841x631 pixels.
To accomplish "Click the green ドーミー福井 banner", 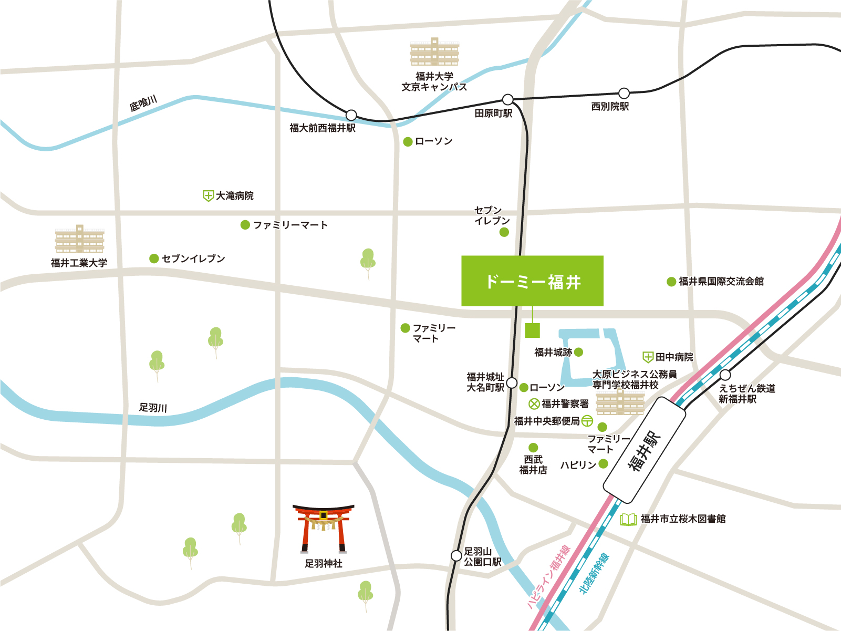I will click(532, 281).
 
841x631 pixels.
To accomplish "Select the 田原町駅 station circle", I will click(507, 99).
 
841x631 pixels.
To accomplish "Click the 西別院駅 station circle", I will click(624, 94).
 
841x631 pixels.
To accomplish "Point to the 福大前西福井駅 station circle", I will click(351, 115).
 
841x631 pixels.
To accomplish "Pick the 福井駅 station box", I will click(645, 450).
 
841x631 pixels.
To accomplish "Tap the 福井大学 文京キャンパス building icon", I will click(434, 52).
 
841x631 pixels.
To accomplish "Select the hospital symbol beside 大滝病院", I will click(208, 196).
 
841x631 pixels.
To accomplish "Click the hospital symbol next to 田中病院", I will click(648, 357).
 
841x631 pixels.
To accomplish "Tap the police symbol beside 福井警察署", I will click(534, 404).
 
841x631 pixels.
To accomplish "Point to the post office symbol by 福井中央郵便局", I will click(587, 421).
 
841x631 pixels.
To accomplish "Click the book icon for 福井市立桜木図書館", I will click(628, 519).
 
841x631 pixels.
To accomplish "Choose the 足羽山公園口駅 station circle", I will click(456, 556).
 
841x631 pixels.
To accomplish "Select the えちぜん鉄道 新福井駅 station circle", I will click(725, 375).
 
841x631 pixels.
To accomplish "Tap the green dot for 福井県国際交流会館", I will click(671, 282).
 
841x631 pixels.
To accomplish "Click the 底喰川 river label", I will click(143, 103).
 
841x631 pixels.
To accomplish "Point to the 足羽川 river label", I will click(153, 407).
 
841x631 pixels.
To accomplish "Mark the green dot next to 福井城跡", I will click(578, 352).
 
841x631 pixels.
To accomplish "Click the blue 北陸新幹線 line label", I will click(594, 573).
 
